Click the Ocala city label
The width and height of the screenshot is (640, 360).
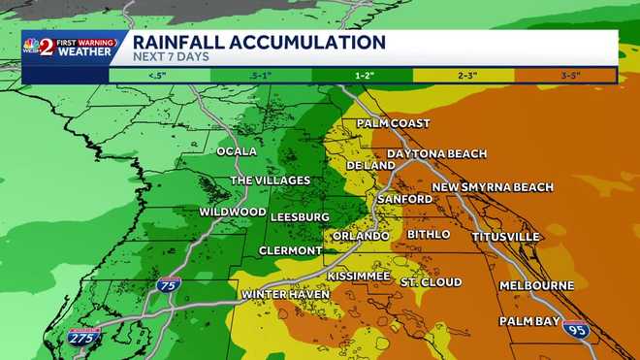coord(238,151)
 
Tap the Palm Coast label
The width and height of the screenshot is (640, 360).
coord(393,124)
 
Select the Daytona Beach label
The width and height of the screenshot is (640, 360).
coord(436,154)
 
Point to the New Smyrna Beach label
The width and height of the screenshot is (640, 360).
coord(493,187)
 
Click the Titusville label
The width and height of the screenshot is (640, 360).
coord(505,237)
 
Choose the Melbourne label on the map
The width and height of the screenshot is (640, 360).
coord(536,286)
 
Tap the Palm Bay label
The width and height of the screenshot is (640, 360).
coord(529,321)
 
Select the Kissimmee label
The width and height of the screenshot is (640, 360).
coord(358,277)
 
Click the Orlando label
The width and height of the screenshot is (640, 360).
coord(361,236)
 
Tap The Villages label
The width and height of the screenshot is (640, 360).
coord(270,180)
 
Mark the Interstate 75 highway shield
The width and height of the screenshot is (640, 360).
coord(166,285)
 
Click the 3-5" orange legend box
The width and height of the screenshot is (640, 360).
coord(565,74)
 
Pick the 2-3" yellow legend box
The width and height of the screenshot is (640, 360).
coord(463,74)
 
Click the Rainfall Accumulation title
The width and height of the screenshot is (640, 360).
coord(258,43)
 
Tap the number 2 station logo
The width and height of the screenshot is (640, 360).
coord(45,47)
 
